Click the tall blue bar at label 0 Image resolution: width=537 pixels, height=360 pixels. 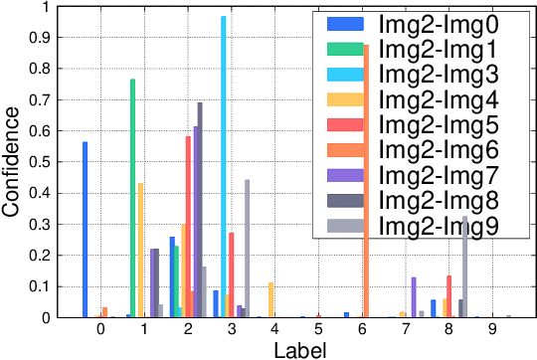click(86, 230)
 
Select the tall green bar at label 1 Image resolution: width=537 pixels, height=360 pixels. click(132, 199)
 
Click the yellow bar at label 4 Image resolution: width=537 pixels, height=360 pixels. click(270, 299)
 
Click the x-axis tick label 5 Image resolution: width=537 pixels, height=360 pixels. click(317, 329)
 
